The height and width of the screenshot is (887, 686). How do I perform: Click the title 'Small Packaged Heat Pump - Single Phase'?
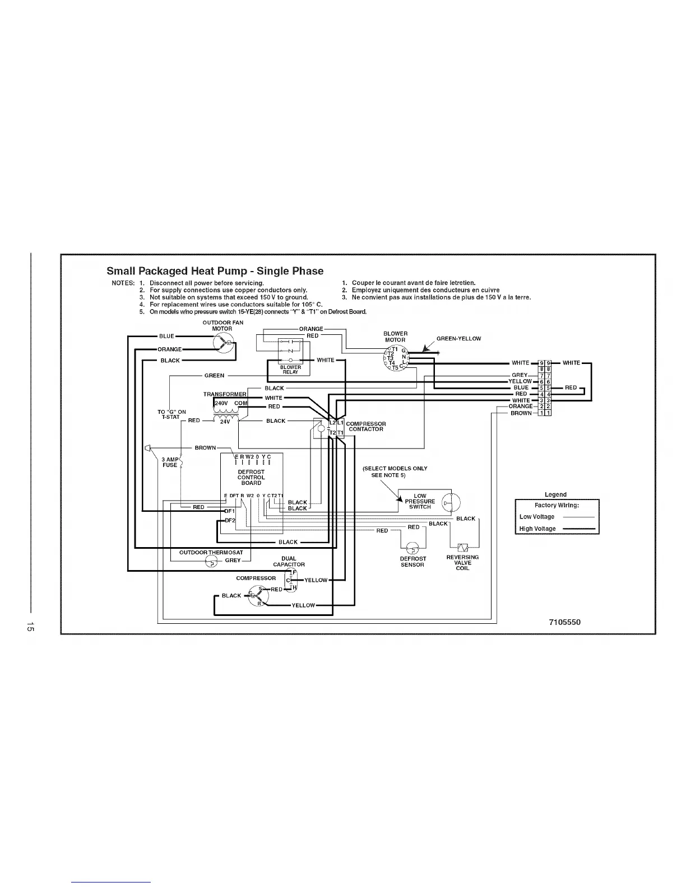[x=215, y=271]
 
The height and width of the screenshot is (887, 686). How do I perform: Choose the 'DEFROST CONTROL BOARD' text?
[x=251, y=477]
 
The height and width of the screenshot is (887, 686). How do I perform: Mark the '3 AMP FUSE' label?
[x=169, y=462]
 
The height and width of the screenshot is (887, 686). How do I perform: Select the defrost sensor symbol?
[x=413, y=548]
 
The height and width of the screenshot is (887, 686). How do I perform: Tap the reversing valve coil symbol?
[x=463, y=547]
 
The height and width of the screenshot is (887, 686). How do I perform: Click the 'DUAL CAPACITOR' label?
[x=289, y=562]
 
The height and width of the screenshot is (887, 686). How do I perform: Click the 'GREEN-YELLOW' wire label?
[x=458, y=338]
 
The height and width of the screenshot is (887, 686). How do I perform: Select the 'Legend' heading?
[x=555, y=494]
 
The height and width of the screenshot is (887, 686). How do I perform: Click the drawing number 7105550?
[x=569, y=622]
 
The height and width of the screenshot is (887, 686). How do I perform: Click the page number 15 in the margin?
[x=31, y=628]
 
